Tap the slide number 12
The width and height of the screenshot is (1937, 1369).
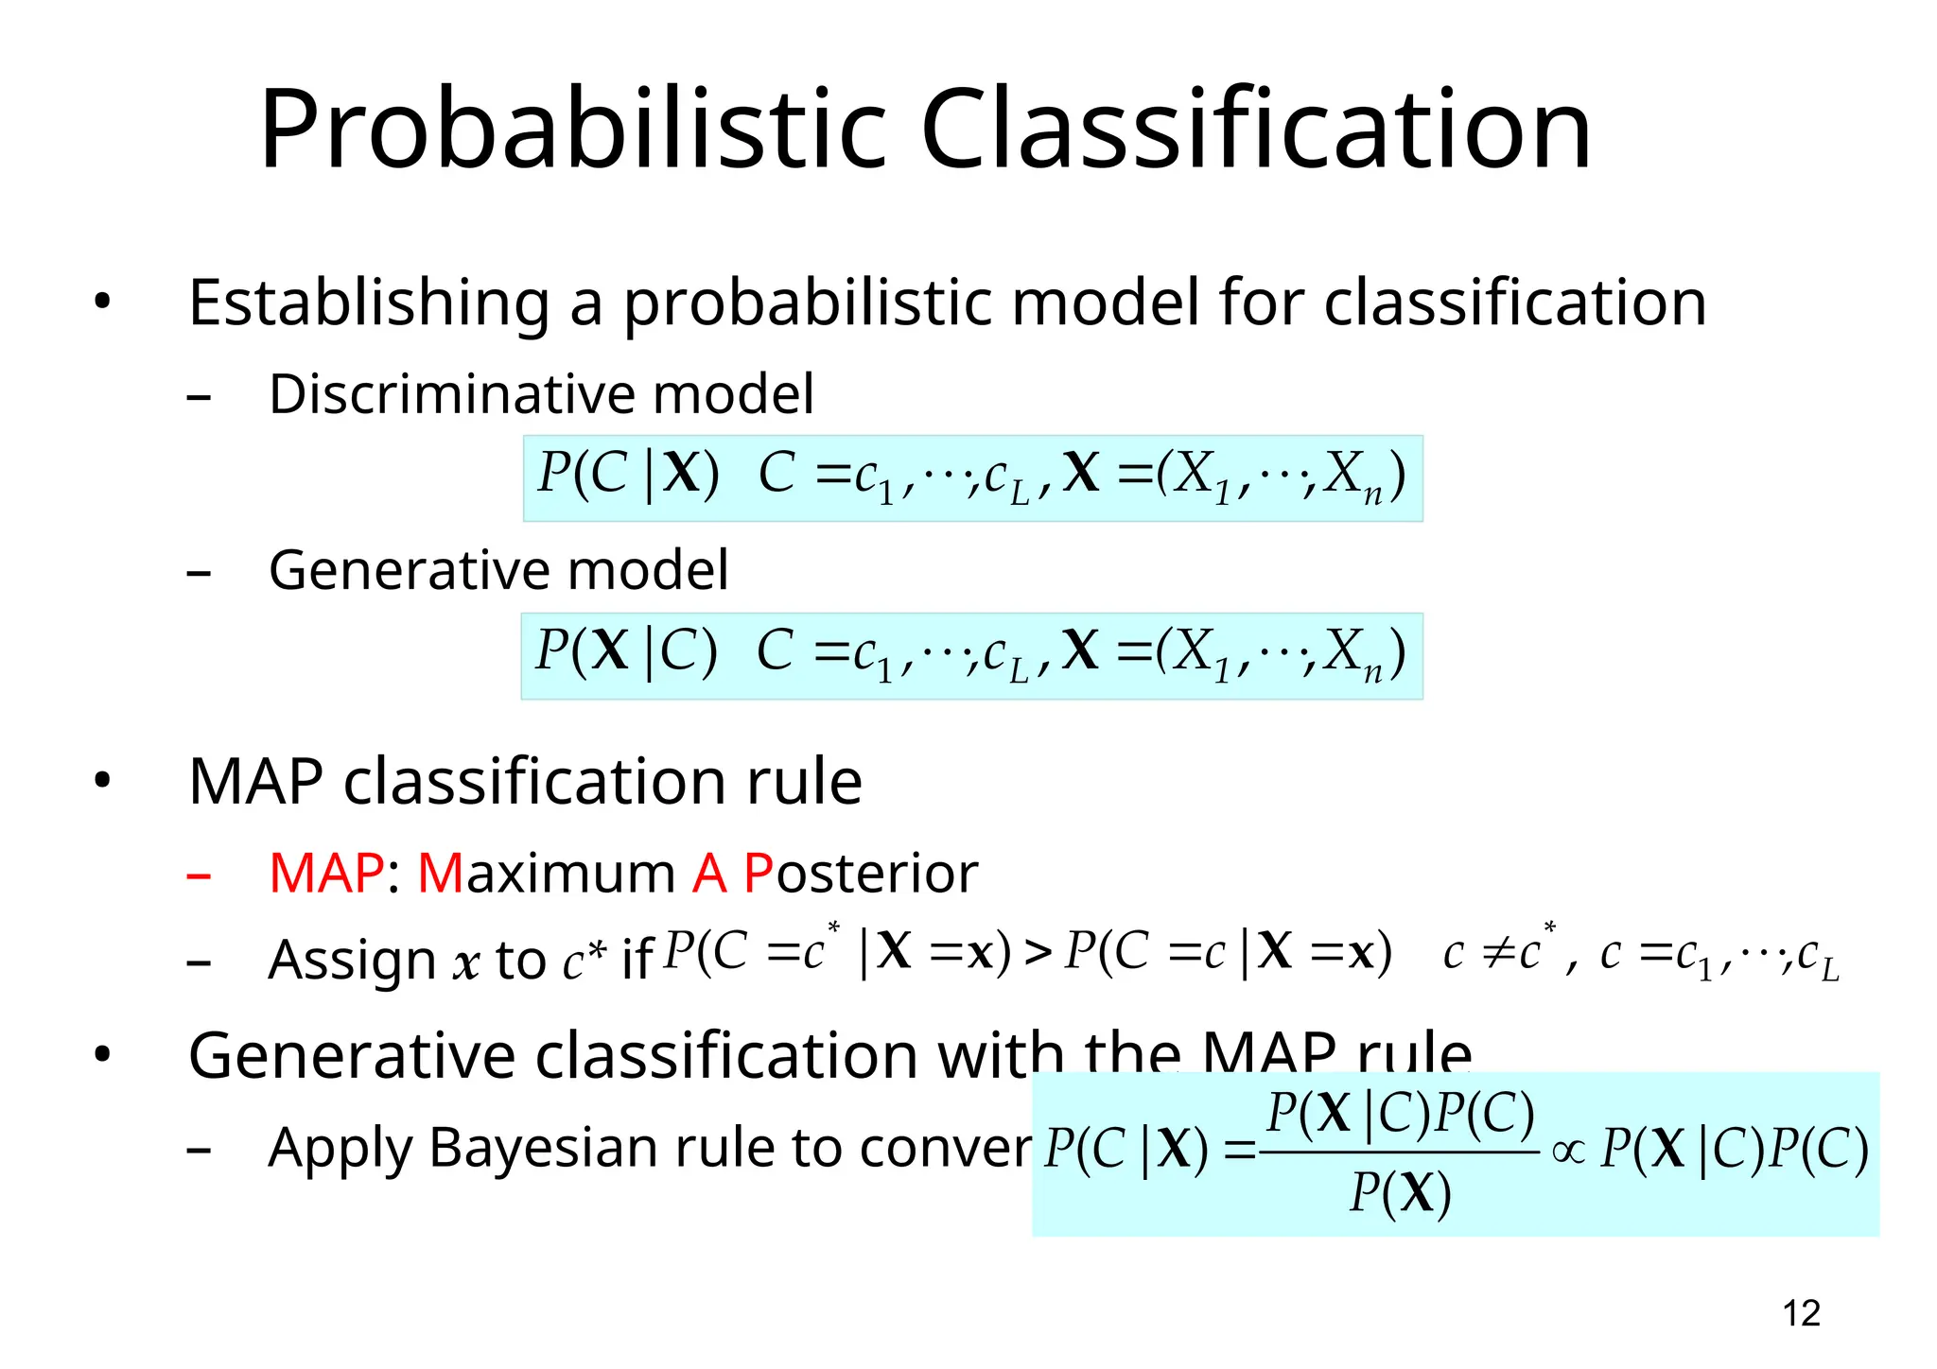pyautogui.click(x=1801, y=1313)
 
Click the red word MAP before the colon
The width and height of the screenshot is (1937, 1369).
pyautogui.click(x=326, y=873)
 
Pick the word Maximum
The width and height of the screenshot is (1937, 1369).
pyautogui.click(x=546, y=873)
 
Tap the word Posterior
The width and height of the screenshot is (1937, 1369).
pyautogui.click(x=860, y=873)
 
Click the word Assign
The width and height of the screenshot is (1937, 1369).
pyautogui.click(x=351, y=961)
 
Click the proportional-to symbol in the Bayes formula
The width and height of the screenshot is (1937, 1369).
pyautogui.click(x=1568, y=1151)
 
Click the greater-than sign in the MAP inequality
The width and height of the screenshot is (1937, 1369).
pyautogui.click(x=1038, y=953)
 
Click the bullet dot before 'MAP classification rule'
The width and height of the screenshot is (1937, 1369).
pyautogui.click(x=102, y=782)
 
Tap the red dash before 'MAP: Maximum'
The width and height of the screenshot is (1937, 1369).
pyautogui.click(x=199, y=876)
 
